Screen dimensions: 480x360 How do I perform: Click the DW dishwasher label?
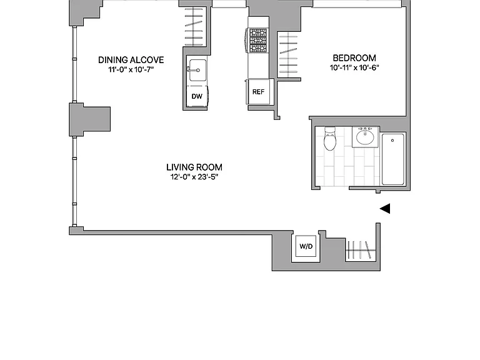[197, 96]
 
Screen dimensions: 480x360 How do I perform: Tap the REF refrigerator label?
[258, 92]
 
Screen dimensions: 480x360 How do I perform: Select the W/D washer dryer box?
[306, 246]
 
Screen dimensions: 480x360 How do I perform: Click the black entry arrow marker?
[385, 209]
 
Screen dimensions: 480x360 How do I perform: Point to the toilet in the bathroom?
[330, 138]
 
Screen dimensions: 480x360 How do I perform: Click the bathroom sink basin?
[365, 137]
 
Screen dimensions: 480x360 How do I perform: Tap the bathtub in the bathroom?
[393, 159]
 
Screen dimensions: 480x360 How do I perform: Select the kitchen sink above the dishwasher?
[197, 71]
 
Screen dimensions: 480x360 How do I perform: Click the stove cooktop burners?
[257, 40]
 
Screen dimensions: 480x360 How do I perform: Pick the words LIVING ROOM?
[194, 167]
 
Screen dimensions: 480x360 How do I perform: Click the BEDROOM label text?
[354, 58]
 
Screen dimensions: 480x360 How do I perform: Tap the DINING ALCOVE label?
[131, 60]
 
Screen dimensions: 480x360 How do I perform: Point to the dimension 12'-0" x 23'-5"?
[194, 177]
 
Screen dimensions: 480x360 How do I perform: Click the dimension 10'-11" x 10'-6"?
[354, 67]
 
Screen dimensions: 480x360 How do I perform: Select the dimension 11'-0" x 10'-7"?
[131, 69]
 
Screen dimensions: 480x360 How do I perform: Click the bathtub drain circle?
[392, 141]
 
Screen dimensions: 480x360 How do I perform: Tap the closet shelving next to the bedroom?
[288, 55]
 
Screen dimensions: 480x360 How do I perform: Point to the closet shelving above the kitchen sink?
[194, 26]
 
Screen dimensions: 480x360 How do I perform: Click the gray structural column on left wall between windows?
[89, 119]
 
